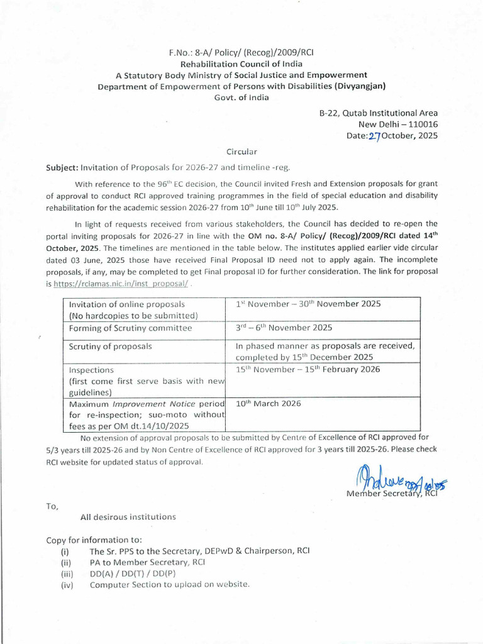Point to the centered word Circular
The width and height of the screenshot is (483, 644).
(241, 152)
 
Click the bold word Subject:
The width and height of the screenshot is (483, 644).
(62, 167)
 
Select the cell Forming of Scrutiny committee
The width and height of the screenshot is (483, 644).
(131, 328)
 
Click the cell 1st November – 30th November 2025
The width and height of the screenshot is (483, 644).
(308, 304)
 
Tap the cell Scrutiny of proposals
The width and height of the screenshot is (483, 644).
(110, 346)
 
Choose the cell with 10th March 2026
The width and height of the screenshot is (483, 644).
(269, 403)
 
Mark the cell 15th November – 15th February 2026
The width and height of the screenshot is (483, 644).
(308, 369)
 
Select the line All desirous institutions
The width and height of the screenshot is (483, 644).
(128, 517)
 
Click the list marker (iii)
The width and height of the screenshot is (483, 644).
(67, 574)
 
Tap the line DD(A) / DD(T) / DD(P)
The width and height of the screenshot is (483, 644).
(133, 574)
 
